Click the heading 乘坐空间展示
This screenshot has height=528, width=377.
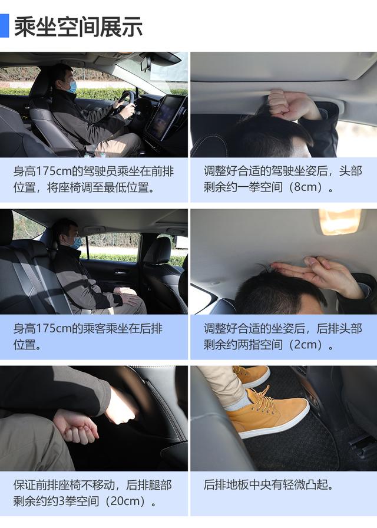tap(78, 27)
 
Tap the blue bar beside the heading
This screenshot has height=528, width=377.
tap(4, 25)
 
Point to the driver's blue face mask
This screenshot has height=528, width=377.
tap(71, 87)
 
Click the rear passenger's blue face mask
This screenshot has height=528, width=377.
tap(77, 242)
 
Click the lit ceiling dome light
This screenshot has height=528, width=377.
tap(340, 221)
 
